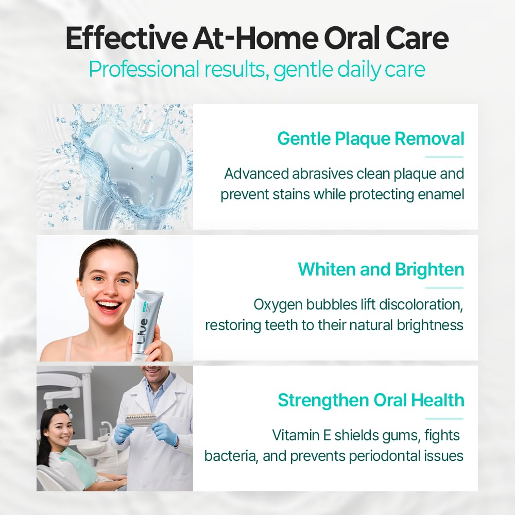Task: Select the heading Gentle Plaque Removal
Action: (371, 139)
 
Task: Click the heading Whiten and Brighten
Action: (381, 269)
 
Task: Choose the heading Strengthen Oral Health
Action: (371, 400)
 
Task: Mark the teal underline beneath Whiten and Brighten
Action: (444, 287)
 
